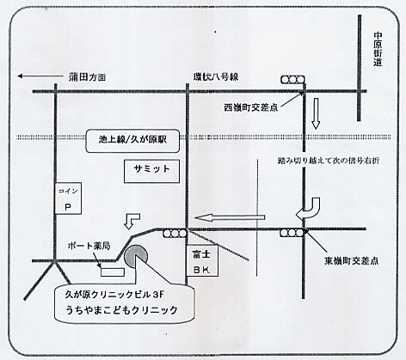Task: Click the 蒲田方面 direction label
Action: (x=87, y=76)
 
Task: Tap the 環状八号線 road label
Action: (x=216, y=76)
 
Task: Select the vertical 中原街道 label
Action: (x=378, y=49)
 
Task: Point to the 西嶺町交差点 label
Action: (x=251, y=107)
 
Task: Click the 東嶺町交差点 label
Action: (x=351, y=260)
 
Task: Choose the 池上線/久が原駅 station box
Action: (x=132, y=141)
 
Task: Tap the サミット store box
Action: (x=151, y=171)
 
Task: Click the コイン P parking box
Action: (x=68, y=198)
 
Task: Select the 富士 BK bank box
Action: (x=202, y=260)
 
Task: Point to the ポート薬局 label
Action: (x=89, y=246)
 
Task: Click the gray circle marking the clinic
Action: (x=136, y=255)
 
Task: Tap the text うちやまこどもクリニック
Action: (x=121, y=310)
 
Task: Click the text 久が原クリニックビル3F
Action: (x=114, y=295)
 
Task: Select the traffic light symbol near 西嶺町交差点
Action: (x=292, y=80)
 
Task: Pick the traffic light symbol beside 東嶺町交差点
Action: (x=292, y=233)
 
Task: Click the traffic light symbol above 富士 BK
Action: (x=175, y=234)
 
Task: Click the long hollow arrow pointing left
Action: (x=230, y=217)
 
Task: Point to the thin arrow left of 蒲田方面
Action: (x=40, y=76)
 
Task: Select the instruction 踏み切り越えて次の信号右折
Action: (x=329, y=161)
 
